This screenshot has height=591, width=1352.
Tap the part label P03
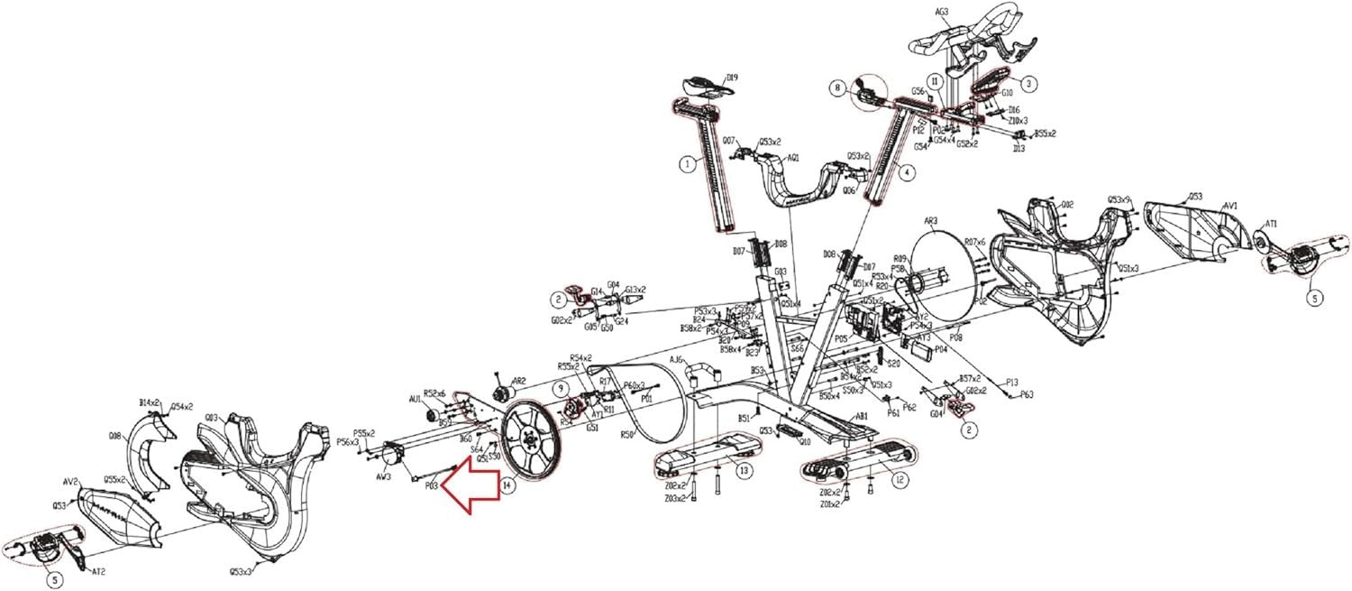tap(432, 485)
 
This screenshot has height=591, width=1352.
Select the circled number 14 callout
tap(509, 485)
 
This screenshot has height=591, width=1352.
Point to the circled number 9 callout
tap(560, 389)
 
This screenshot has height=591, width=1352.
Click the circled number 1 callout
tap(688, 164)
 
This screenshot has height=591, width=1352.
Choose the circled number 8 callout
tap(837, 88)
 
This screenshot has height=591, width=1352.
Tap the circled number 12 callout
tap(900, 481)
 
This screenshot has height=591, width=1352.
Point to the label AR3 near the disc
tap(931, 220)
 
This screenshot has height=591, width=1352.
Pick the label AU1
tap(416, 398)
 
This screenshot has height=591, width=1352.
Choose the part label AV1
tap(1230, 206)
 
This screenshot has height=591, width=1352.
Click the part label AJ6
tap(675, 359)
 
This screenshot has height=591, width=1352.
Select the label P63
tap(1028, 394)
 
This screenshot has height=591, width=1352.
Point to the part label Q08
tap(115, 436)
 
